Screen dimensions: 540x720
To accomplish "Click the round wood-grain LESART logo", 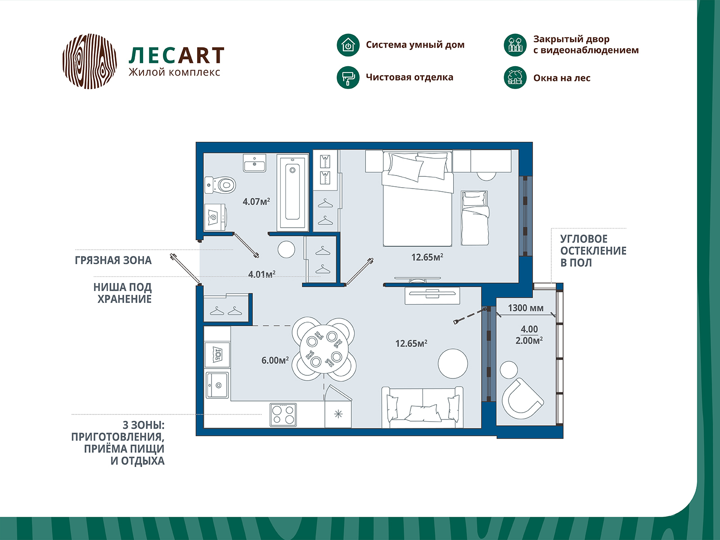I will point(90,61).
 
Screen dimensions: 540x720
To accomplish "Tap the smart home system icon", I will point(348,45).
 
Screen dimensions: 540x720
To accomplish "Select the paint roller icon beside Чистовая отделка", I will point(348,77).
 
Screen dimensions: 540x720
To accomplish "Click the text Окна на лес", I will point(562,78).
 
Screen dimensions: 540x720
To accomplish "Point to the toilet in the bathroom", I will point(220,184).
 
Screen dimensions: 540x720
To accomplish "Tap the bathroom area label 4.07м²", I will point(256,202).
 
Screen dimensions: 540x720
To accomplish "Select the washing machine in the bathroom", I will point(215,218).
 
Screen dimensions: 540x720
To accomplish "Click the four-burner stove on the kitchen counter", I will point(283,414).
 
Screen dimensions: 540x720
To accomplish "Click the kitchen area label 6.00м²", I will point(275,360).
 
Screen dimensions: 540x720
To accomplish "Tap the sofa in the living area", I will point(422,408).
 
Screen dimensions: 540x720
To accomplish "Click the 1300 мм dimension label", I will point(526,308).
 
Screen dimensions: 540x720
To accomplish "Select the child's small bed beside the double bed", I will point(475,218).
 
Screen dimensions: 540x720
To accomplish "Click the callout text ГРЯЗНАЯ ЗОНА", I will point(113,261).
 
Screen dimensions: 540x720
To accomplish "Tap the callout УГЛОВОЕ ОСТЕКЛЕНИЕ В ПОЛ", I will point(593,251).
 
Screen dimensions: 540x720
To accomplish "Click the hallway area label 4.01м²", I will point(261,274).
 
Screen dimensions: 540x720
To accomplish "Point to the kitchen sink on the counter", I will point(217,385).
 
